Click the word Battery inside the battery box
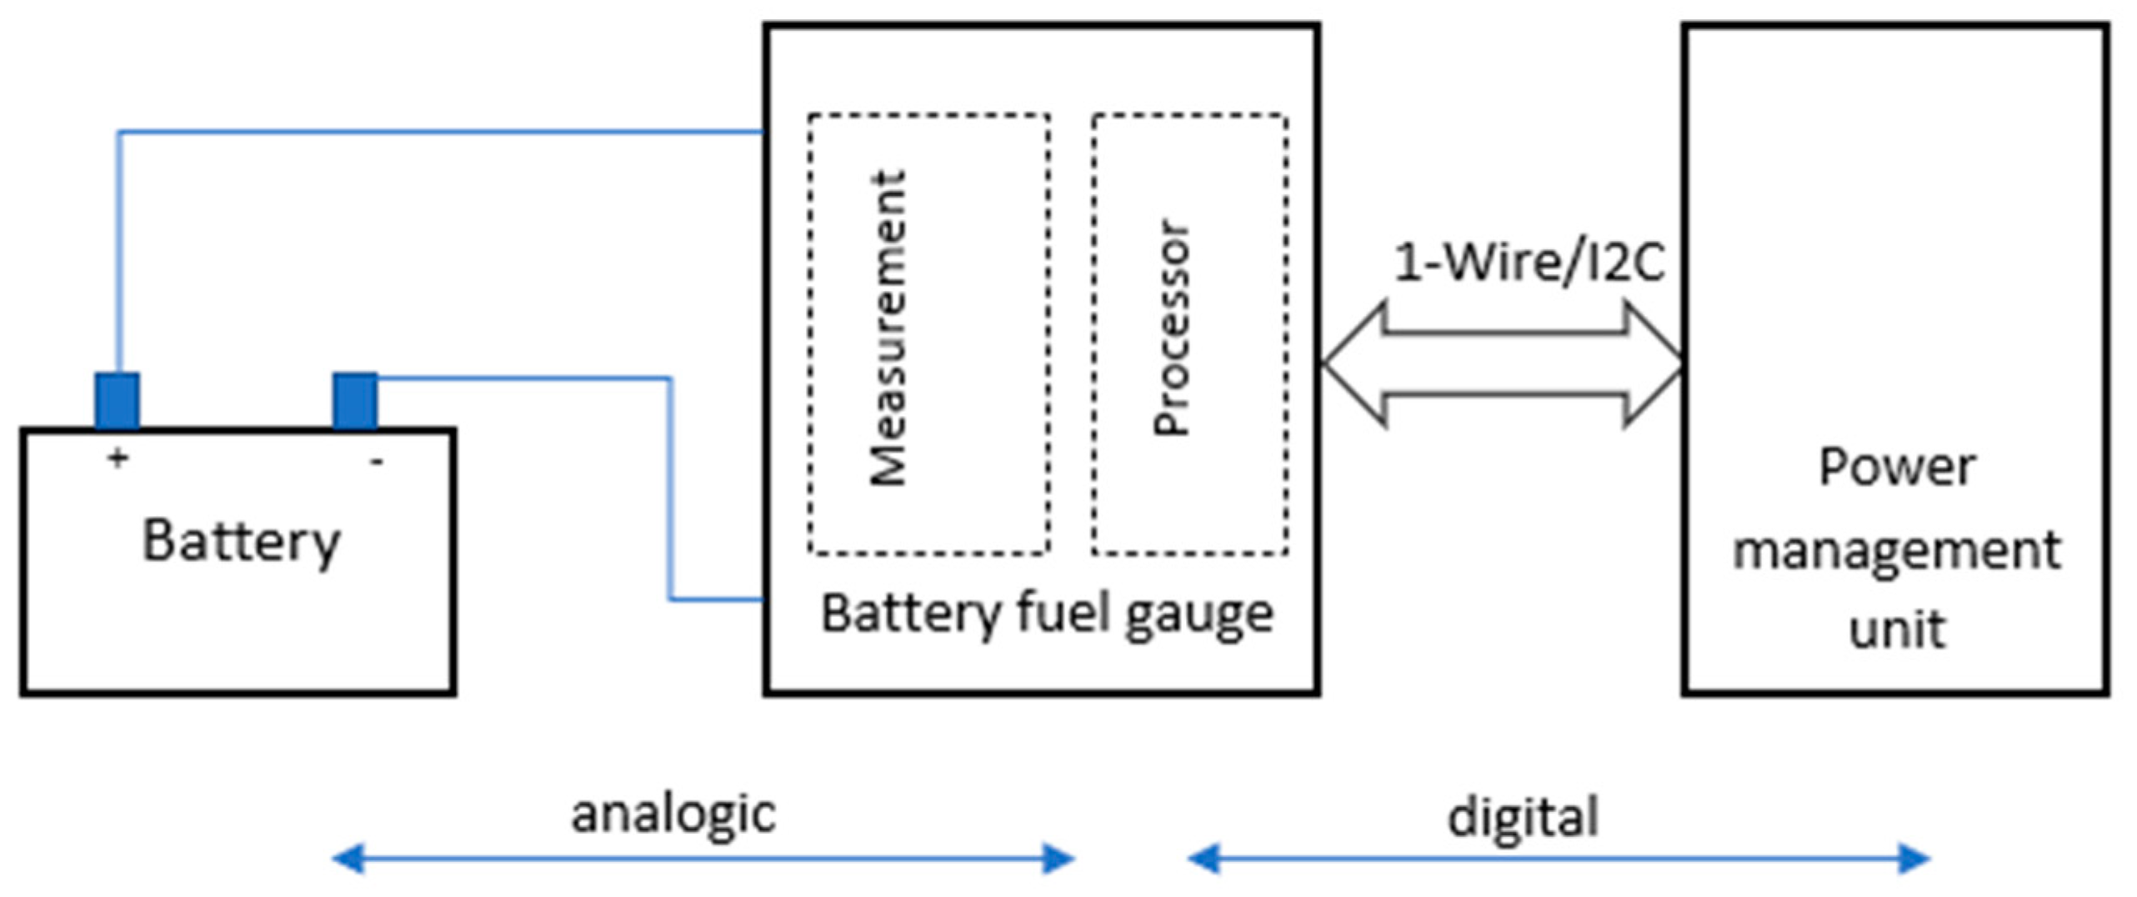[242, 543]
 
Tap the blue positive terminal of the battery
[117, 400]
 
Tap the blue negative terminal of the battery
[355, 400]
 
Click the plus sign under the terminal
[118, 457]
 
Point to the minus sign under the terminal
[377, 460]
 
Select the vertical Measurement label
[888, 328]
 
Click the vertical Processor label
[1171, 328]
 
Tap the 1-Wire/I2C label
[1529, 262]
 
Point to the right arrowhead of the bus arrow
[1654, 363]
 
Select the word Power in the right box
[1896, 467]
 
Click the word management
[1896, 550]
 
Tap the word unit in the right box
[1896, 629]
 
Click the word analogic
[673, 814]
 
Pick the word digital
[1523, 817]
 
